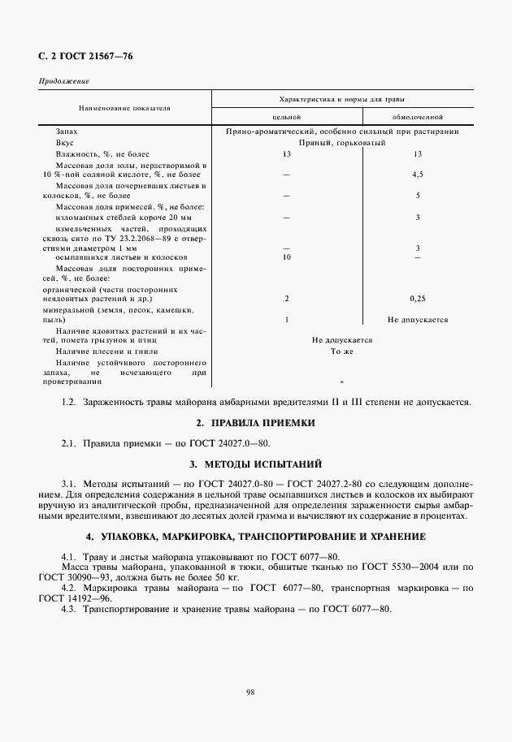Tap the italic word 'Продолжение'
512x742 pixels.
point(63,82)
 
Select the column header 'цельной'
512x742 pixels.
point(286,117)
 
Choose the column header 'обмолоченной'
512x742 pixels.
point(417,117)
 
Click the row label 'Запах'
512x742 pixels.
point(67,130)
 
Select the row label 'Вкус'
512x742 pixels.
point(65,141)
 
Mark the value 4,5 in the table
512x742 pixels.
point(417,175)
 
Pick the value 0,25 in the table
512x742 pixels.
point(417,298)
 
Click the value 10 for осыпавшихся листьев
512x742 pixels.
point(286,257)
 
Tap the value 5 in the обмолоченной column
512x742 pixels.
point(417,196)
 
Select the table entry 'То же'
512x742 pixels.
point(341,352)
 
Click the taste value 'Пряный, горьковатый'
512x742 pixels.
point(341,141)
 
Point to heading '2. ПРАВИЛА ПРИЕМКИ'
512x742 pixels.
point(255,423)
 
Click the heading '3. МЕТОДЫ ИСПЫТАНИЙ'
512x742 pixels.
point(255,464)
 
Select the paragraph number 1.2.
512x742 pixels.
point(68,402)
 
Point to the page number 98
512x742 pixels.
point(250,692)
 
